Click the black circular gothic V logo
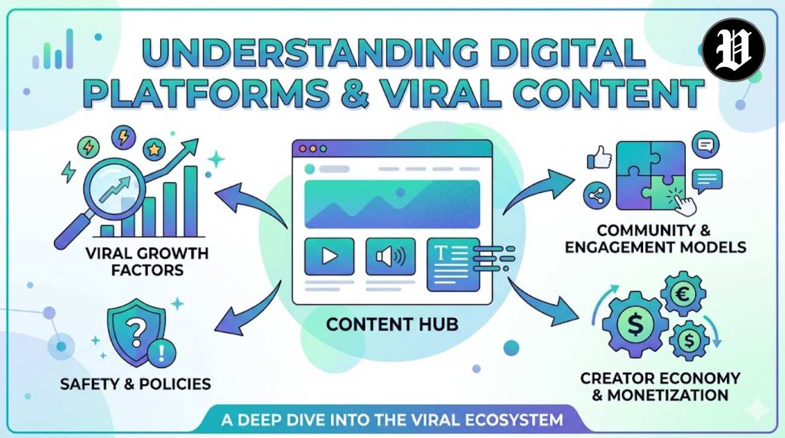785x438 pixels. pyautogui.click(x=734, y=50)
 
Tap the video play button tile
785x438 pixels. pyautogui.click(x=329, y=256)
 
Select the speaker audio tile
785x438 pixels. pyautogui.click(x=390, y=256)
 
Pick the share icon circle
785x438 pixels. pyautogui.click(x=597, y=195)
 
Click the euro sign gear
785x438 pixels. pyautogui.click(x=683, y=294)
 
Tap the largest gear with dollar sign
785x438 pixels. pyautogui.click(x=635, y=324)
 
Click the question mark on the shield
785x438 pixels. pyautogui.click(x=137, y=333)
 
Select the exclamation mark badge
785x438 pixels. pyautogui.click(x=161, y=353)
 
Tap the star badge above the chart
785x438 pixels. pyautogui.click(x=154, y=149)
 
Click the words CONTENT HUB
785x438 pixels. pyautogui.click(x=392, y=324)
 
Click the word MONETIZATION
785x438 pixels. pyautogui.click(x=668, y=395)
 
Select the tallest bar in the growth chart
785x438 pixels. pyautogui.click(x=190, y=201)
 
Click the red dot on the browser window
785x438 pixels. pyautogui.click(x=302, y=149)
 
